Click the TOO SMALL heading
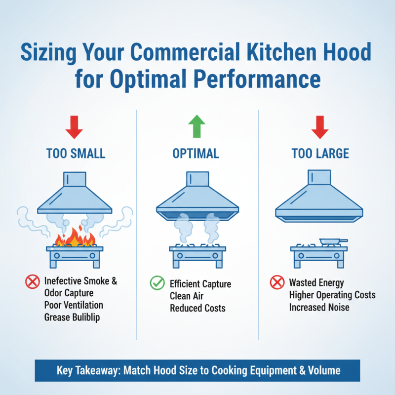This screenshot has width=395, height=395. click(x=76, y=154)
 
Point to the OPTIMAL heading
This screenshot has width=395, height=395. click(x=196, y=154)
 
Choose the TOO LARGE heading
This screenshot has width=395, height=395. click(x=320, y=154)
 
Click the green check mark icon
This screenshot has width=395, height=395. click(x=157, y=283)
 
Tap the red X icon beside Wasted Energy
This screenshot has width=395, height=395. click(x=276, y=283)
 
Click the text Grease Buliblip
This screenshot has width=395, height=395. click(x=72, y=317)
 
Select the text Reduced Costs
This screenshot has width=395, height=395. click(x=197, y=308)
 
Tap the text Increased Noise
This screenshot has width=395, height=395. click(x=319, y=307)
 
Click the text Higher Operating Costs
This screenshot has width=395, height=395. click(x=332, y=295)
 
